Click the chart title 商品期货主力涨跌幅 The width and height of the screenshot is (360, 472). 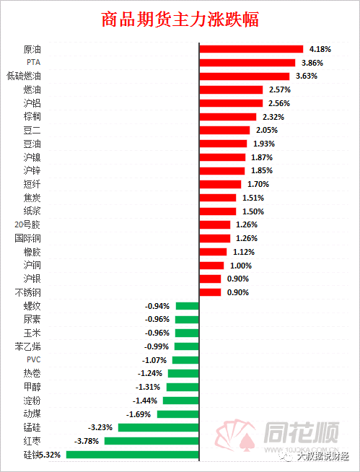tap(180, 19)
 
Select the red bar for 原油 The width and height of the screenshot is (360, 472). tap(251, 49)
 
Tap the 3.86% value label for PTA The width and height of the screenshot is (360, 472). tap(312, 63)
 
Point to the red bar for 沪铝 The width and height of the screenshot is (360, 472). tap(231, 103)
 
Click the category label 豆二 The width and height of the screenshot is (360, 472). tap(32, 130)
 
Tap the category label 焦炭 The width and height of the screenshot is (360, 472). tap(32, 198)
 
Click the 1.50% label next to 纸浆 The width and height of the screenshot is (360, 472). tap(253, 211)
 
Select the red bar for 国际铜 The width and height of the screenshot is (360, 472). tap(215, 238)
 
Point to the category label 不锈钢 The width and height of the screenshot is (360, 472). tap(27, 292)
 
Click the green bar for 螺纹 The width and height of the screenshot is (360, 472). tap(188, 306)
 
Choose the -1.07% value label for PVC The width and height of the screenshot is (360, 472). tap(156, 360)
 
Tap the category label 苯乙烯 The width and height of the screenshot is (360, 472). tap(27, 346)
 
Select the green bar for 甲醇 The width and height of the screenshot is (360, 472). tap(183, 387)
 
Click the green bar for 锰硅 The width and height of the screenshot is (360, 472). tap(159, 427)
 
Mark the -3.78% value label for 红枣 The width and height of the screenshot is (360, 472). tap(87, 441)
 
